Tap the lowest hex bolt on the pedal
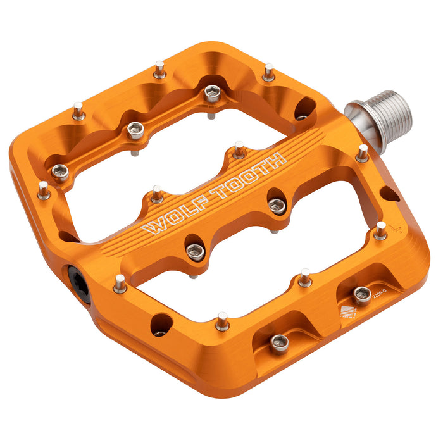point(280,344)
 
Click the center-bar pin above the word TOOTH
point(239,150)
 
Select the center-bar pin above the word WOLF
point(157,194)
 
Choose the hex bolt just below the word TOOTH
point(277,204)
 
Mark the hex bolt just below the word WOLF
point(196,249)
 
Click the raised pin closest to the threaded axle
point(363,152)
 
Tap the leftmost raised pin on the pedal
point(44,189)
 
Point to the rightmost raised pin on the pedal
point(380,230)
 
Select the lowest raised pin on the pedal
point(222,321)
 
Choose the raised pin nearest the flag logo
point(305,277)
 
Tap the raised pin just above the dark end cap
point(120,283)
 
